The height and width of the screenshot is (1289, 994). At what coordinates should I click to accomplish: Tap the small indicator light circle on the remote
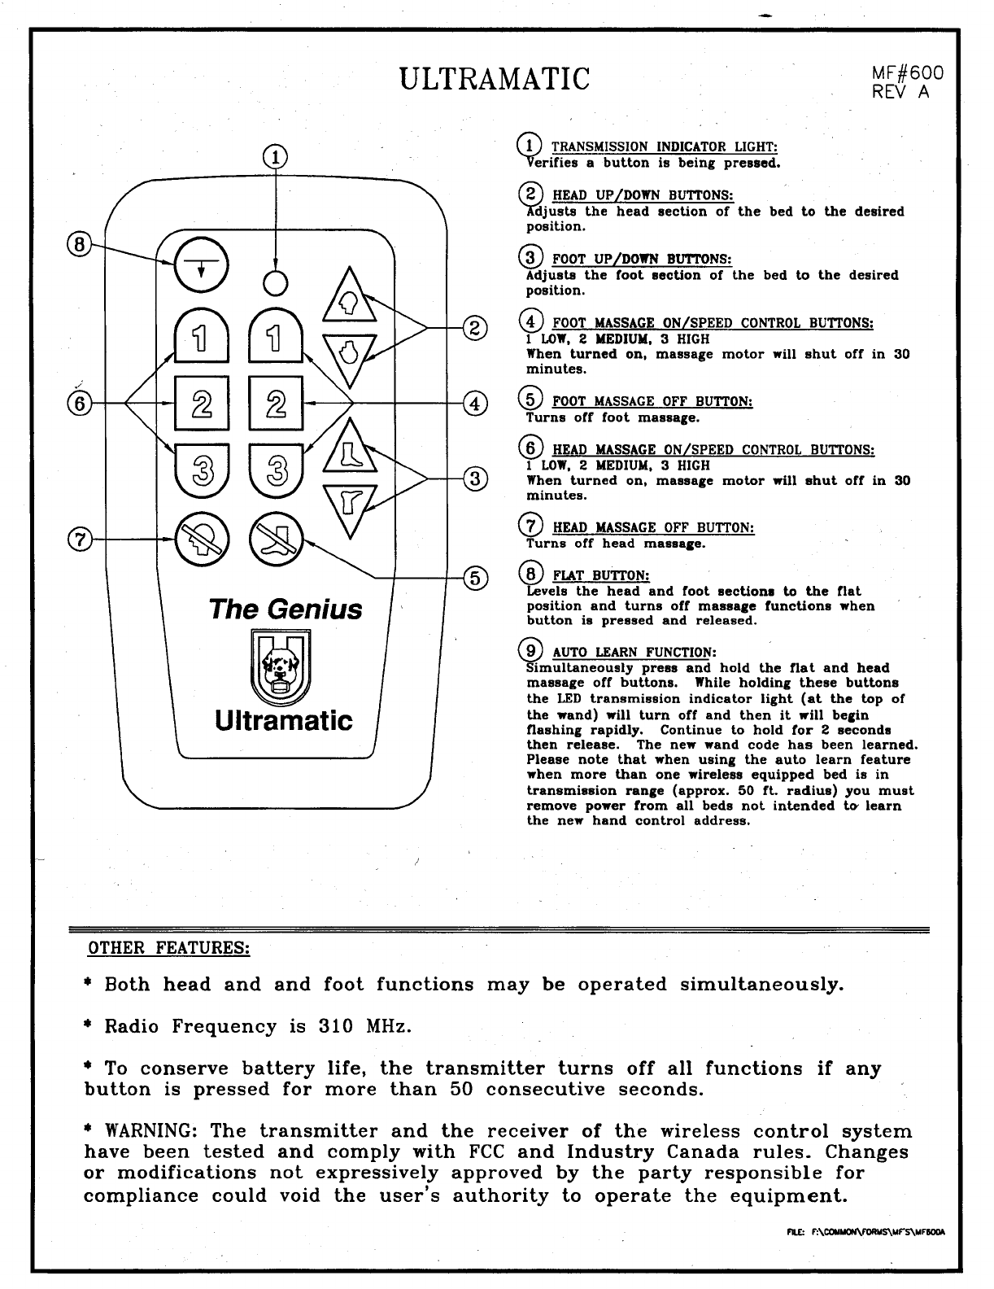pyautogui.click(x=276, y=282)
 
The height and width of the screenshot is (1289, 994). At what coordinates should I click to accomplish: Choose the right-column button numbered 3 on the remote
pyautogui.click(x=276, y=473)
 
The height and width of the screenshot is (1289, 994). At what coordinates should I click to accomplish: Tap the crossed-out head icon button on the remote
pyautogui.click(x=199, y=538)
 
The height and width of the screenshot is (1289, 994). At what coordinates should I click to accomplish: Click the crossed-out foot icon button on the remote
pyautogui.click(x=276, y=538)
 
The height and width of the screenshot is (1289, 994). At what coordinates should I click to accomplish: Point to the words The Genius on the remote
pyautogui.click(x=286, y=609)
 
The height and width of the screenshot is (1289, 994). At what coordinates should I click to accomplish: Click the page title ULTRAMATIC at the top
pyautogui.click(x=495, y=79)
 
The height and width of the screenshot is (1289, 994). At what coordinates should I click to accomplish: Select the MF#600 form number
pyautogui.click(x=906, y=73)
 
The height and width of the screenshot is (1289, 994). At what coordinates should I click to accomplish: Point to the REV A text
pyautogui.click(x=900, y=92)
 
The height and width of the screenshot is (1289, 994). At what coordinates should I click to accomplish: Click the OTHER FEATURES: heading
pyautogui.click(x=168, y=948)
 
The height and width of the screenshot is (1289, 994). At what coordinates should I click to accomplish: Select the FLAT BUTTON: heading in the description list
pyautogui.click(x=600, y=576)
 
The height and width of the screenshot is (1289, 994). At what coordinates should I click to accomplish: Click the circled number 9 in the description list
pyautogui.click(x=531, y=651)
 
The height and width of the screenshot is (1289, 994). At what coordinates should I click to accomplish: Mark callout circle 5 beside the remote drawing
pyautogui.click(x=474, y=578)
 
